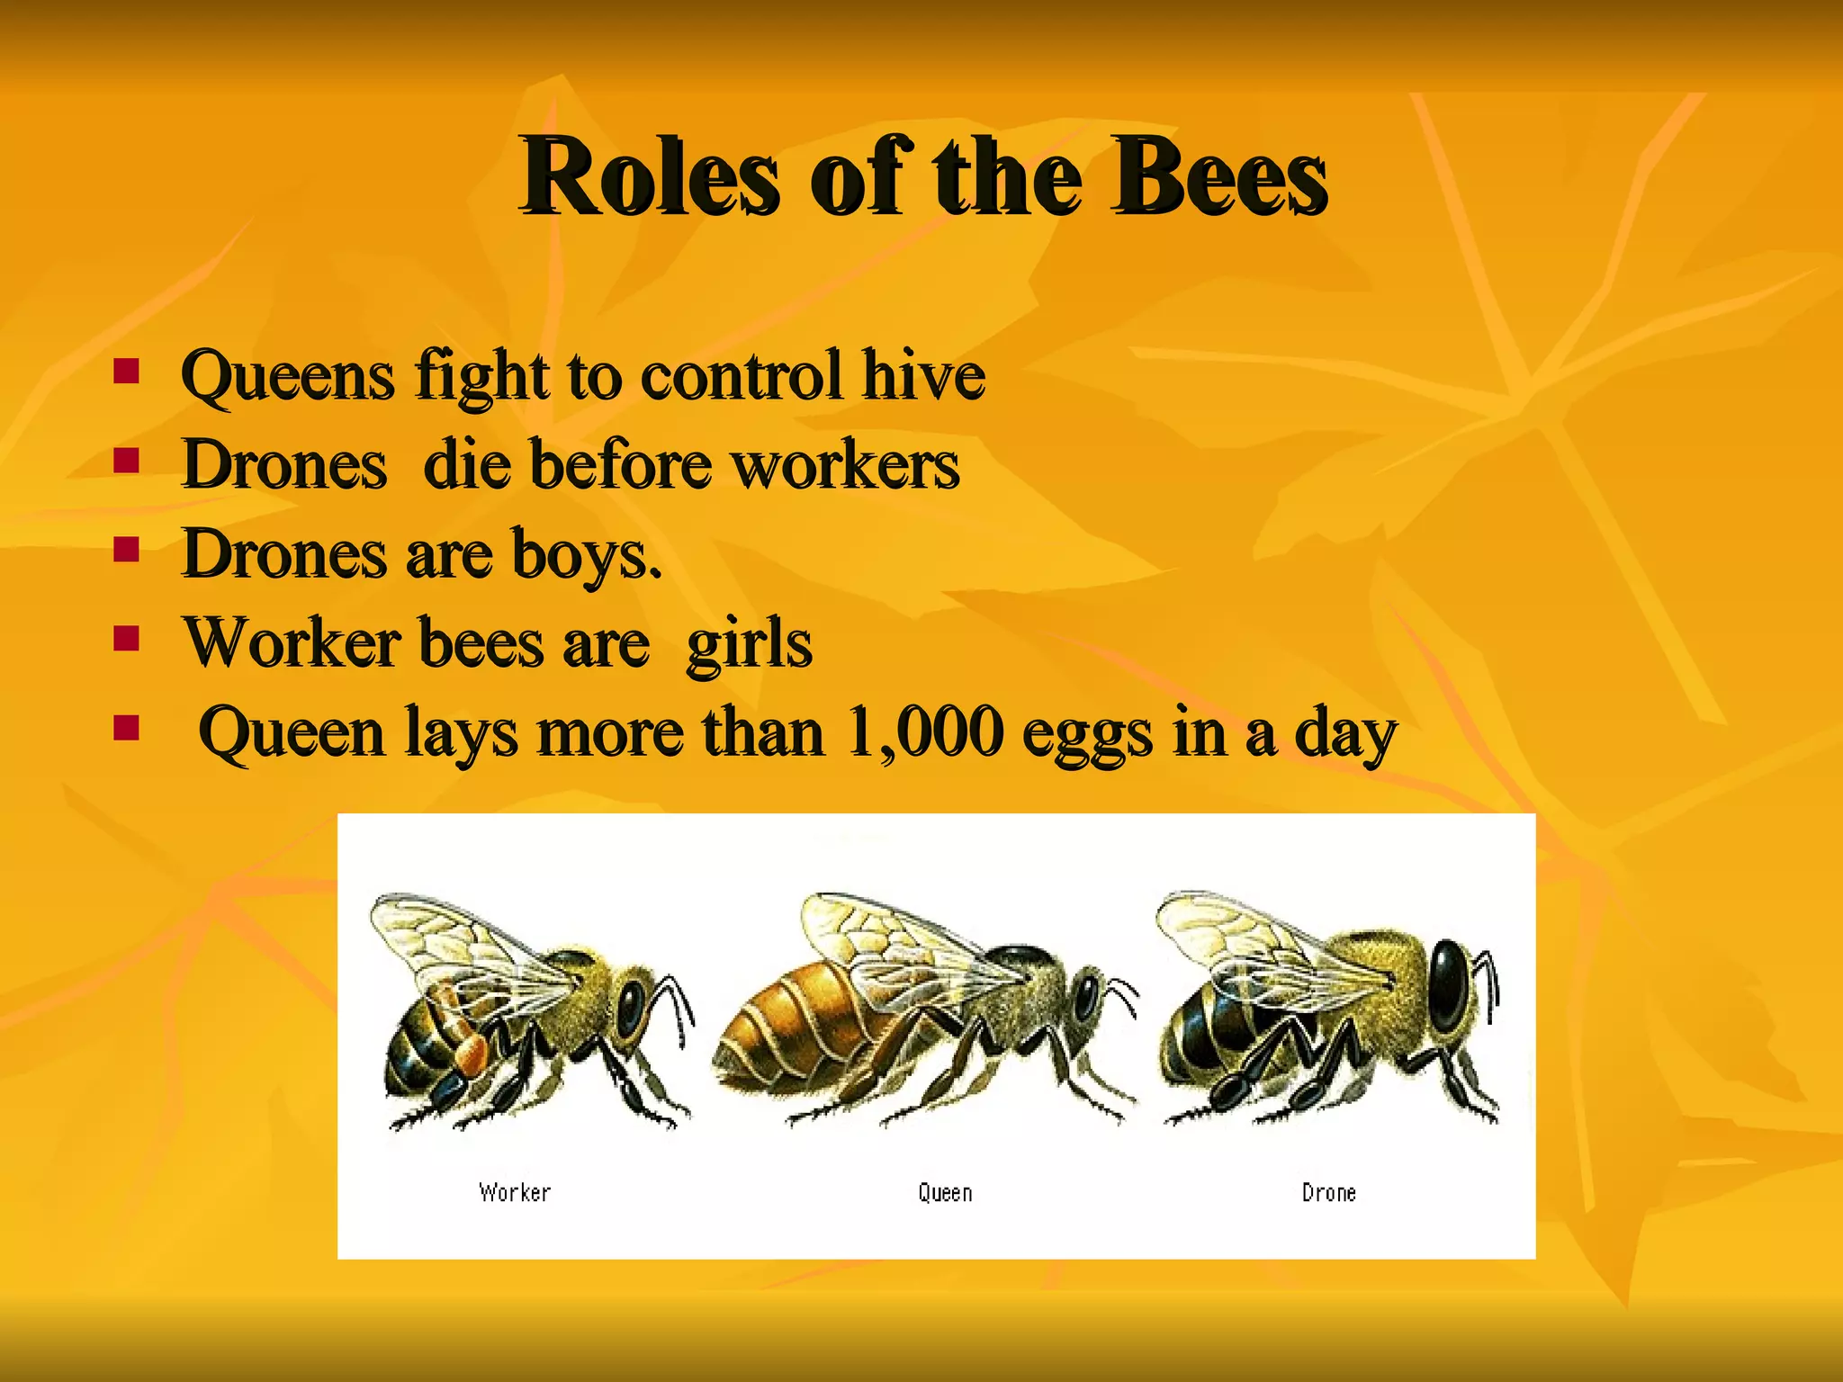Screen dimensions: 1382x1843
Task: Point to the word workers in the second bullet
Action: pos(845,464)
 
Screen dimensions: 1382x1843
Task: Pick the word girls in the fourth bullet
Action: pos(749,644)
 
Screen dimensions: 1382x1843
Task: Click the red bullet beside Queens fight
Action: pos(126,371)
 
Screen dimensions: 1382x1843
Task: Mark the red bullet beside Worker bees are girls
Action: pos(126,639)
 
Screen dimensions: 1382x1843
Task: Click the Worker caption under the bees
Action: pos(515,1193)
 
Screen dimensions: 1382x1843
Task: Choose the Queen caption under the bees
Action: pos(945,1193)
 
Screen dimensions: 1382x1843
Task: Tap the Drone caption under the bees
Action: pos(1328,1193)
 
